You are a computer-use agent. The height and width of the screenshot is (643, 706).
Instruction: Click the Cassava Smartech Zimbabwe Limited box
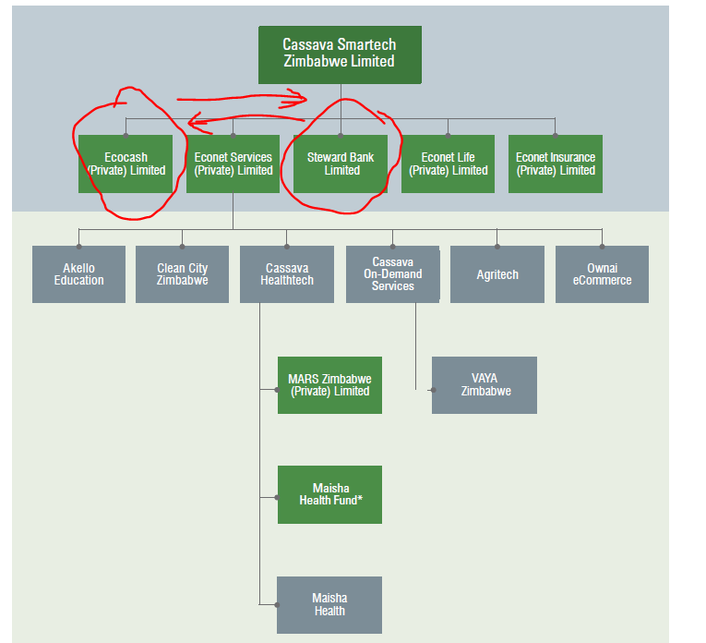[340, 54]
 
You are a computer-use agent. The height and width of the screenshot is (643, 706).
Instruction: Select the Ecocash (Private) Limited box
[126, 164]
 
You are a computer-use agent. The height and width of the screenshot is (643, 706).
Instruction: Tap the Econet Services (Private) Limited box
[233, 164]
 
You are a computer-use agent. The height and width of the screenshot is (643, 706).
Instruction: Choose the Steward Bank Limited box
[341, 164]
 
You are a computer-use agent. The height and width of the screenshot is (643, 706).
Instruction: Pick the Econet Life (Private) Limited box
[448, 164]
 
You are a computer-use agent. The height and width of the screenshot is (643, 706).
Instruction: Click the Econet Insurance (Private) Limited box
[555, 164]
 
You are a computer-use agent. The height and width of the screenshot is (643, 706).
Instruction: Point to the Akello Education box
[78, 274]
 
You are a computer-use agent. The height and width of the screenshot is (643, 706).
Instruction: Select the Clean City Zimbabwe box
[182, 274]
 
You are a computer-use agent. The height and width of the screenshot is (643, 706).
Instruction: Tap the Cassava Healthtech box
[286, 274]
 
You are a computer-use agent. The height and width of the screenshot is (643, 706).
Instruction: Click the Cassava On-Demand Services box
[392, 274]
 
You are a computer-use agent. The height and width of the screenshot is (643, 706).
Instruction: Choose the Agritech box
[497, 274]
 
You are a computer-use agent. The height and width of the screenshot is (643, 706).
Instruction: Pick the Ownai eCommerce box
[602, 274]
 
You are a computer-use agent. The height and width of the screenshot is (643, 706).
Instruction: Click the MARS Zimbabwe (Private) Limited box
[329, 385]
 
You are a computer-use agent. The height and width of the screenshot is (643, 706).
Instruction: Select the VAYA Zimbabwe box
[485, 385]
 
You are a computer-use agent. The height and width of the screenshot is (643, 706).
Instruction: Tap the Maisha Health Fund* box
[329, 494]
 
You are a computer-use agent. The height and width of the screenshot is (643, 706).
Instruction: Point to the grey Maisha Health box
[329, 605]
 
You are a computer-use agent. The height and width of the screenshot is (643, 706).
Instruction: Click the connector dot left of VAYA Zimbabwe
[432, 390]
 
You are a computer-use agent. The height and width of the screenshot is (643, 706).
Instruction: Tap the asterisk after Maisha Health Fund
[360, 499]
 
